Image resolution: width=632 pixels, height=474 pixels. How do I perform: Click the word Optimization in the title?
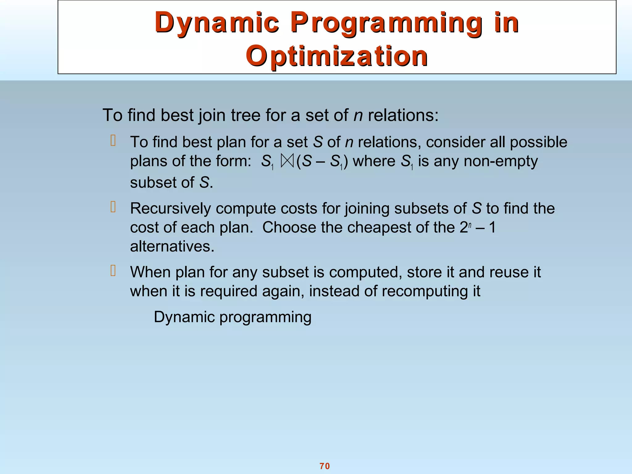(x=337, y=56)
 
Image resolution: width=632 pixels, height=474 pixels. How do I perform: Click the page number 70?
(x=325, y=466)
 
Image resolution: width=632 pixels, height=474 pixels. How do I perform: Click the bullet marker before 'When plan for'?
(x=113, y=271)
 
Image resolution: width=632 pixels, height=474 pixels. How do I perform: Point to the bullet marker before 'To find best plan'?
(x=113, y=141)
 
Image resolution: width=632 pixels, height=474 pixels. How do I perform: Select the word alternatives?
(x=172, y=247)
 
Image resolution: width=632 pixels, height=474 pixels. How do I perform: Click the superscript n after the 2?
(x=470, y=225)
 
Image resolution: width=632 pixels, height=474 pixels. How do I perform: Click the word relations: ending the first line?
(x=403, y=115)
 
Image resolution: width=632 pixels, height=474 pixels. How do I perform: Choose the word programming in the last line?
(x=265, y=318)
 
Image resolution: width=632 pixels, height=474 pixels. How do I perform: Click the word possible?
(x=538, y=142)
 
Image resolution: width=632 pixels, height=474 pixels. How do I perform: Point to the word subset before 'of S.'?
(x=153, y=183)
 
